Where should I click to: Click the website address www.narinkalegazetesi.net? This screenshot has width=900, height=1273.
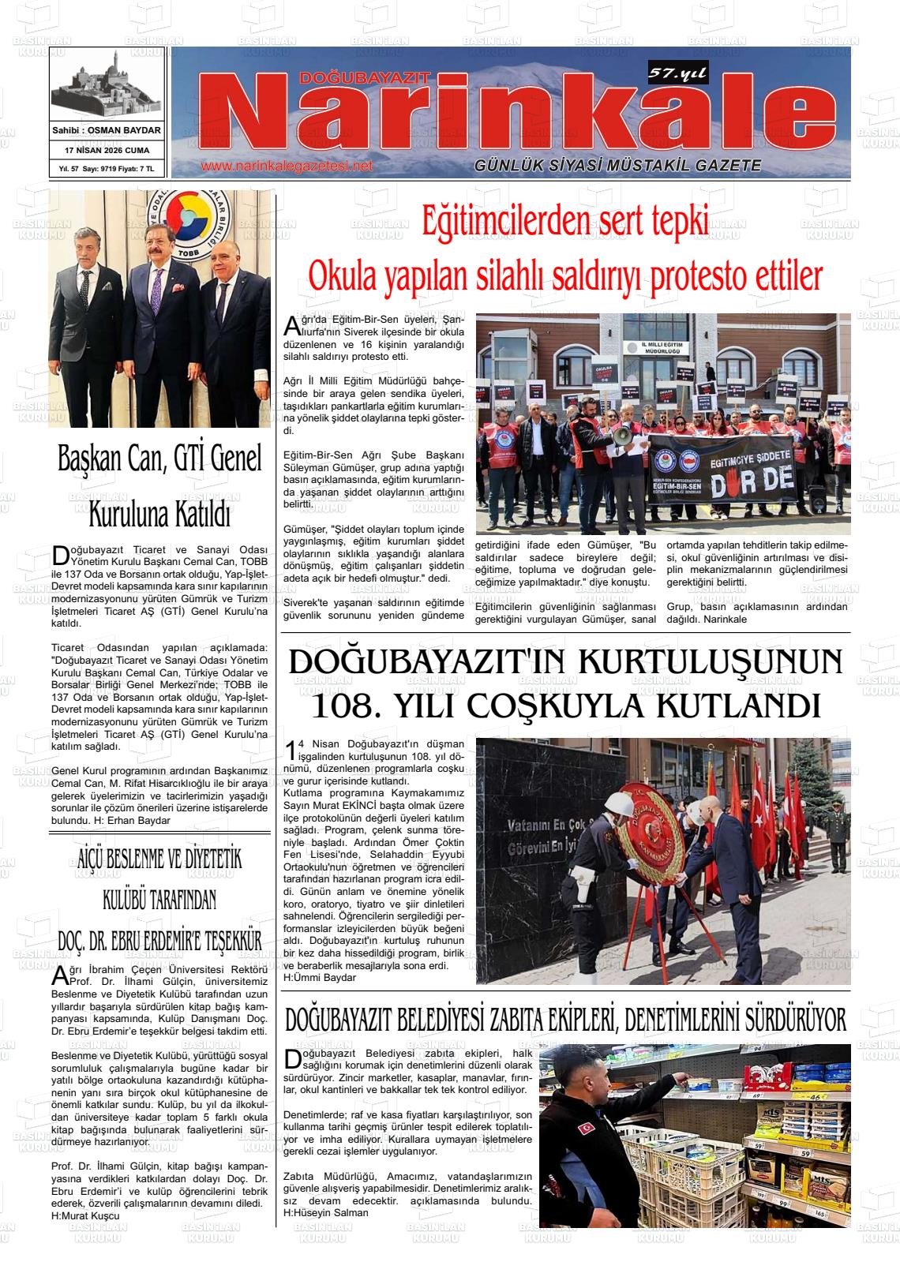[286, 167]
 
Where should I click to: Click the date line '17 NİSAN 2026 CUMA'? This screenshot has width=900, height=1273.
[107, 150]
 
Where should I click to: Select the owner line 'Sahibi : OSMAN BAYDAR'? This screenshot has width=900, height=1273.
[107, 130]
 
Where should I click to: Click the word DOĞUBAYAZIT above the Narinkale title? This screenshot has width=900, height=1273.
[364, 77]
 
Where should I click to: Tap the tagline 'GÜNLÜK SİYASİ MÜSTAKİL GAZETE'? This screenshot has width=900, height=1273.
[617, 166]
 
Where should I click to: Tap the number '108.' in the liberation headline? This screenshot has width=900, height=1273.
[351, 705]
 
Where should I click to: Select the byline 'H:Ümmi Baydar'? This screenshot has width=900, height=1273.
[319, 978]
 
